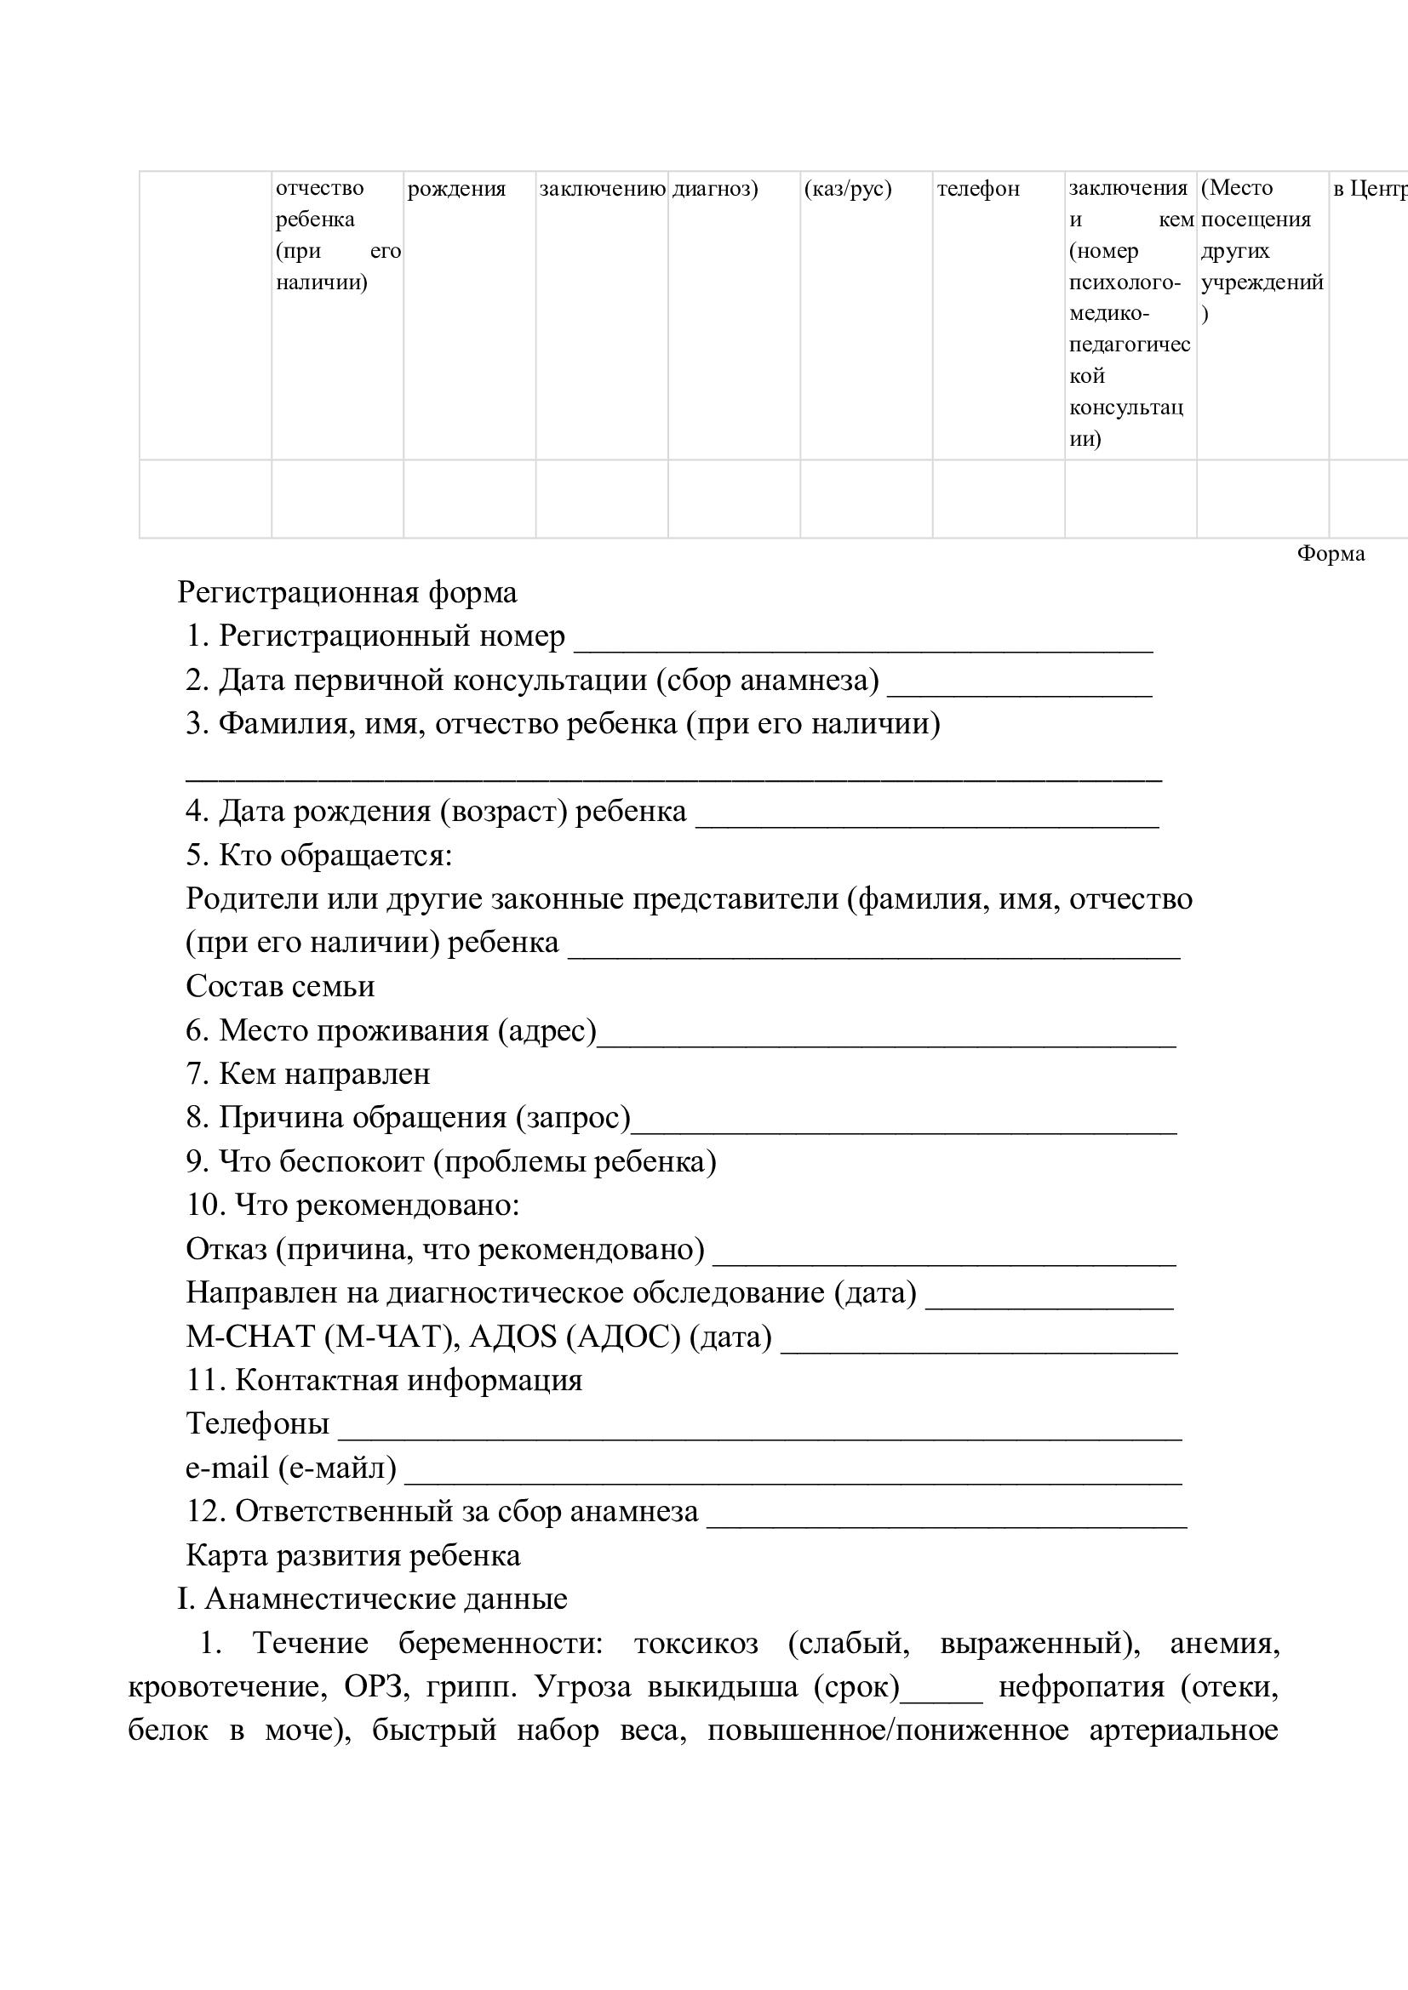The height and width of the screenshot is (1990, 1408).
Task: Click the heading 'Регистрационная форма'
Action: (x=346, y=593)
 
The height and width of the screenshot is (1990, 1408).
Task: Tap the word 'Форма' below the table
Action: (x=1330, y=554)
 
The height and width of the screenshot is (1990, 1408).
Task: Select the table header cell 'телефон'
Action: (x=978, y=189)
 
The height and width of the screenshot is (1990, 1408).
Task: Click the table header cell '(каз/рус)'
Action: (x=847, y=189)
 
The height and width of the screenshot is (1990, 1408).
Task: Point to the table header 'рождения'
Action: (x=456, y=189)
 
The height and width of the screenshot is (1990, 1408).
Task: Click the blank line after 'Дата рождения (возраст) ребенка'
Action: (x=927, y=817)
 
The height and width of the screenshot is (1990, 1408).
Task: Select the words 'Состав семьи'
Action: (x=280, y=986)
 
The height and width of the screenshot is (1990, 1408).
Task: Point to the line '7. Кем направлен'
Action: (x=308, y=1074)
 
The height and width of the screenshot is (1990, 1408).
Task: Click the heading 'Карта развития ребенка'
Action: (x=353, y=1555)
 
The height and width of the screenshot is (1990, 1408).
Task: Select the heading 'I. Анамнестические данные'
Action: (x=372, y=1599)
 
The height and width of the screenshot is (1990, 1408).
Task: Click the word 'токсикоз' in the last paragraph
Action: (x=695, y=1644)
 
